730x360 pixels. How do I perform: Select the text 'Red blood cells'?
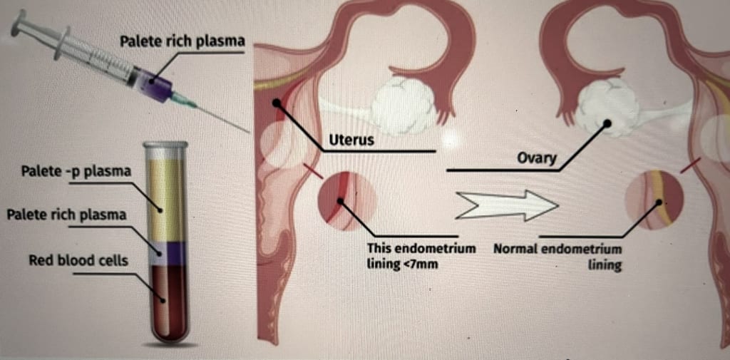[x=78, y=260]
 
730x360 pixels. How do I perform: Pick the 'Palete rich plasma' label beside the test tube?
[x=66, y=215]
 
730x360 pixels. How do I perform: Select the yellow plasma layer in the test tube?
[x=165, y=200]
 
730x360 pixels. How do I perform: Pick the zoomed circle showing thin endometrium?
[x=346, y=200]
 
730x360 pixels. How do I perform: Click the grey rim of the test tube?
[x=165, y=145]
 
